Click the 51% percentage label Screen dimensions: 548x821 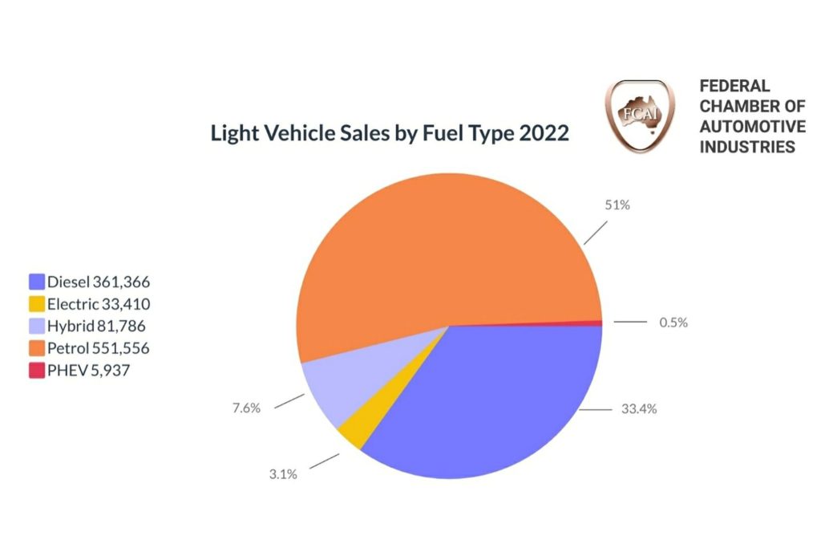tap(617, 205)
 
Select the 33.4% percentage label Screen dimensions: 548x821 tap(640, 409)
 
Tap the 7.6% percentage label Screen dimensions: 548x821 tap(246, 408)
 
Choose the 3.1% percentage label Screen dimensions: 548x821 tap(283, 474)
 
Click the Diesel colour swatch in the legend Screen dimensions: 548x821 tap(36, 282)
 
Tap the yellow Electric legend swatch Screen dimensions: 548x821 tap(36, 304)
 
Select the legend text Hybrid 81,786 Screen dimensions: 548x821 tap(96, 327)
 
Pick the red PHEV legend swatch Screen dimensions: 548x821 tap(36, 371)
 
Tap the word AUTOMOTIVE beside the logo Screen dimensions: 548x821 tap(752, 127)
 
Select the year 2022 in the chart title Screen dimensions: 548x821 tap(544, 133)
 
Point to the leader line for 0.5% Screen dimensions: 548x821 tap(630, 323)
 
